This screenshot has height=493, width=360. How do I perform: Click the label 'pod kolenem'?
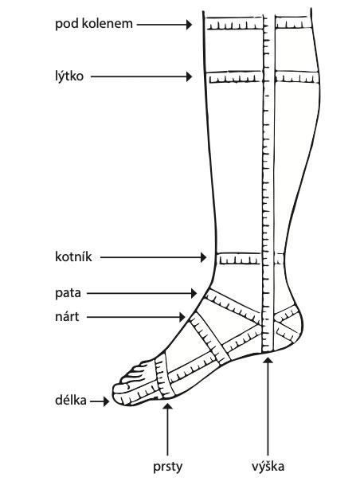point(94,24)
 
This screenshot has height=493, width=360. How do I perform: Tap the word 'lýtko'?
point(69,76)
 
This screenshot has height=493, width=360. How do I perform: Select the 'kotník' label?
point(73,257)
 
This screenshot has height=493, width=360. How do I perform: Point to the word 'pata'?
point(68,293)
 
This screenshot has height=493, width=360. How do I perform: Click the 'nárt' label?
point(67,317)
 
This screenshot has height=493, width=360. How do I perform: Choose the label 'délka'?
point(71,401)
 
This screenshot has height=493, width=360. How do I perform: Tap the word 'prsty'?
point(167,468)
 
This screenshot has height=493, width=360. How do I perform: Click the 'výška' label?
point(268,467)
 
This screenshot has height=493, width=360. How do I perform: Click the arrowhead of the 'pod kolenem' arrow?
point(189,25)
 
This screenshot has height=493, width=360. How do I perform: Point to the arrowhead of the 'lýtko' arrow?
point(189,76)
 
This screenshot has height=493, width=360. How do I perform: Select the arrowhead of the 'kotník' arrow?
point(204,257)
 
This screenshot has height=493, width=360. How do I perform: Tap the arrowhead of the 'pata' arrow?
point(194,293)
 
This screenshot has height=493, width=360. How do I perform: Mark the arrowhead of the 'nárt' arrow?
point(182,317)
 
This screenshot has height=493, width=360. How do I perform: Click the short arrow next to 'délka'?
point(100,401)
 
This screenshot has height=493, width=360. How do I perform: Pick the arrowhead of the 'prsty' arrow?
point(168,407)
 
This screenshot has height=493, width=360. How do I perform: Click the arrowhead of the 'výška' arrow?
point(268,360)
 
